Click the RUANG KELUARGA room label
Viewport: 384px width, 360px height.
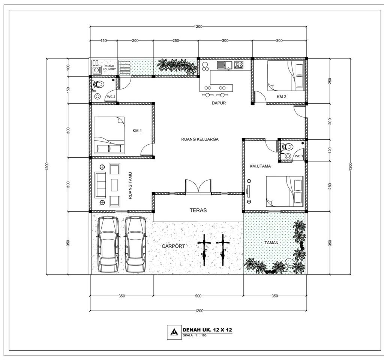(199, 139)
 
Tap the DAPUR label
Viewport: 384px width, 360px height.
(218, 103)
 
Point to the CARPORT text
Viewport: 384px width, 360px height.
(173, 246)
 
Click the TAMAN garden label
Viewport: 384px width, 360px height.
(271, 243)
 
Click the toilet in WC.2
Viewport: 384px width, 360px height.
(98, 85)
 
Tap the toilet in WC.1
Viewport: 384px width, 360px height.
(287, 147)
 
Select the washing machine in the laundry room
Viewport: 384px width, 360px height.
(97, 70)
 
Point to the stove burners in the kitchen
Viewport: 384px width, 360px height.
(238, 65)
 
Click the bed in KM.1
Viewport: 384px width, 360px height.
(109, 135)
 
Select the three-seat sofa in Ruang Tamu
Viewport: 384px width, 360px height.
(100, 185)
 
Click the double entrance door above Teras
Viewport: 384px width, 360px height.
(198, 187)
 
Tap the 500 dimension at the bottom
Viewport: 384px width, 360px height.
(198, 296)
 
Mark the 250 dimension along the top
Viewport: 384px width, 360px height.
(175, 40)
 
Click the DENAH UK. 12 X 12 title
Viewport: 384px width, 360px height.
(207, 330)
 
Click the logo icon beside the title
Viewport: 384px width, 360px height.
(174, 332)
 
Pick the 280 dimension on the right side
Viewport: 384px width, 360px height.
(330, 186)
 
